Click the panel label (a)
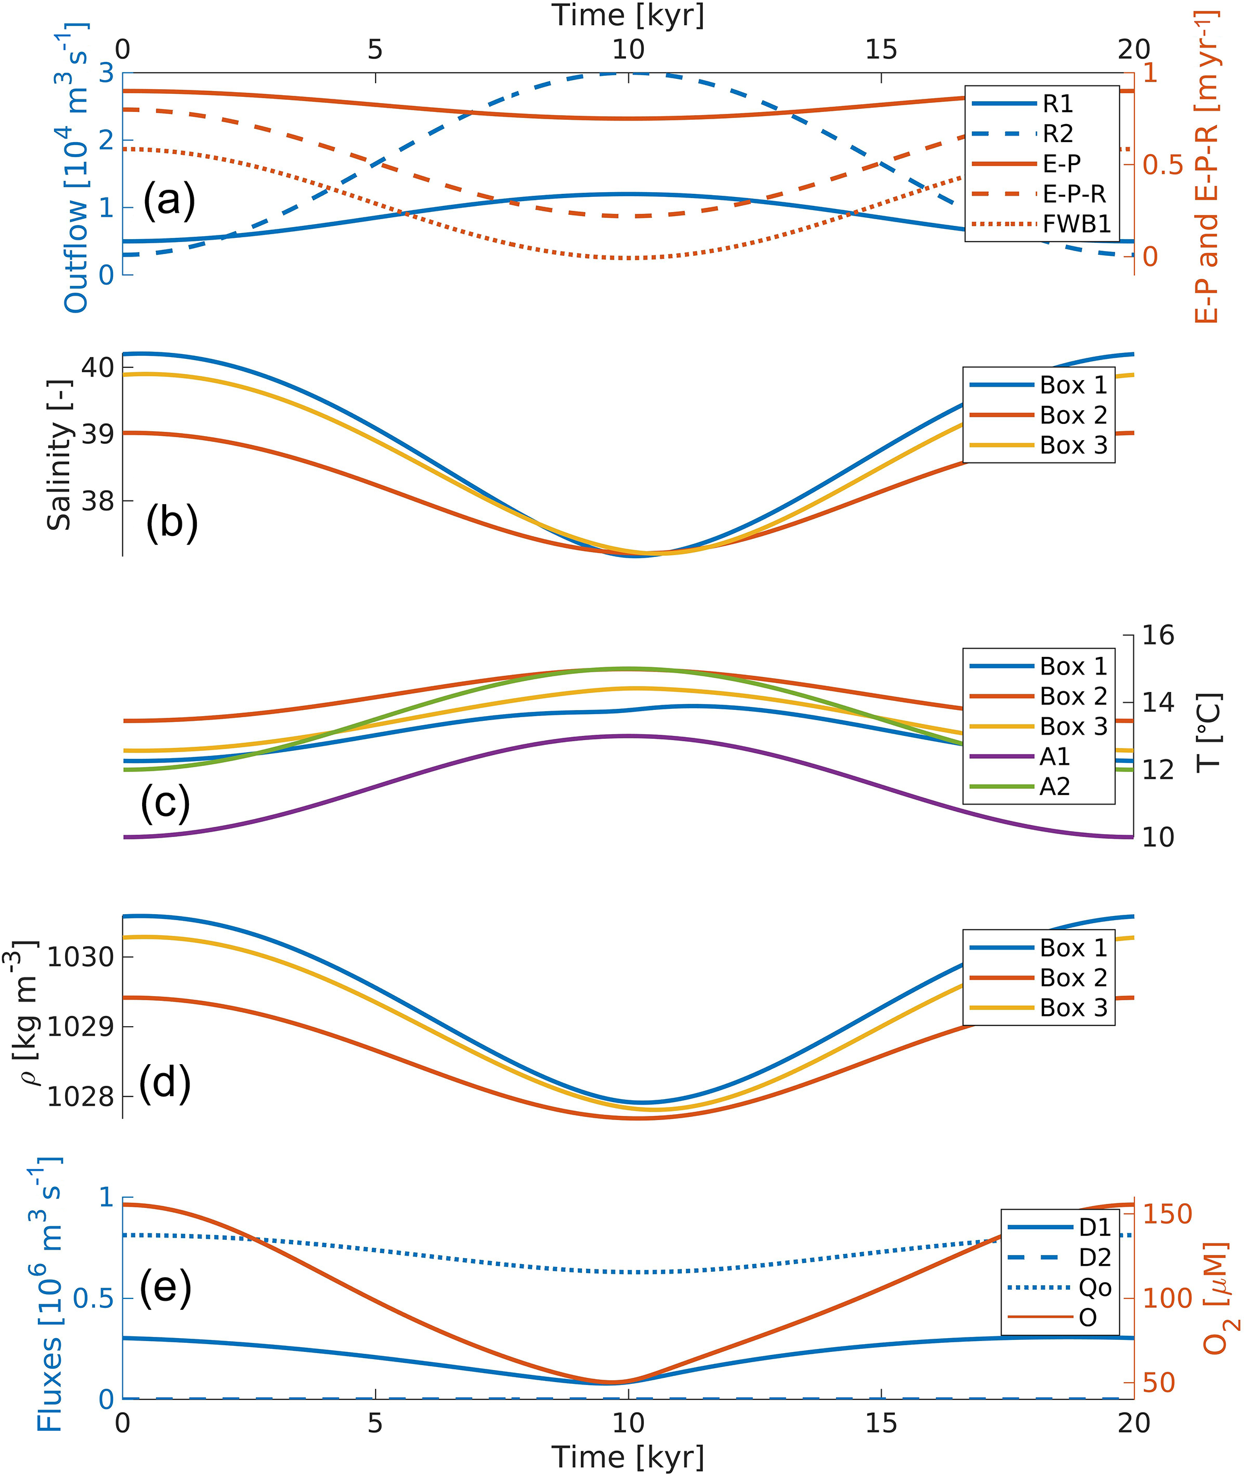(169, 201)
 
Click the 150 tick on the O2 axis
(1166, 1214)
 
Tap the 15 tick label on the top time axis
(881, 49)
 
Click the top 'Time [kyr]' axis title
(628, 16)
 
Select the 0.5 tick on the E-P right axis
(1163, 164)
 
